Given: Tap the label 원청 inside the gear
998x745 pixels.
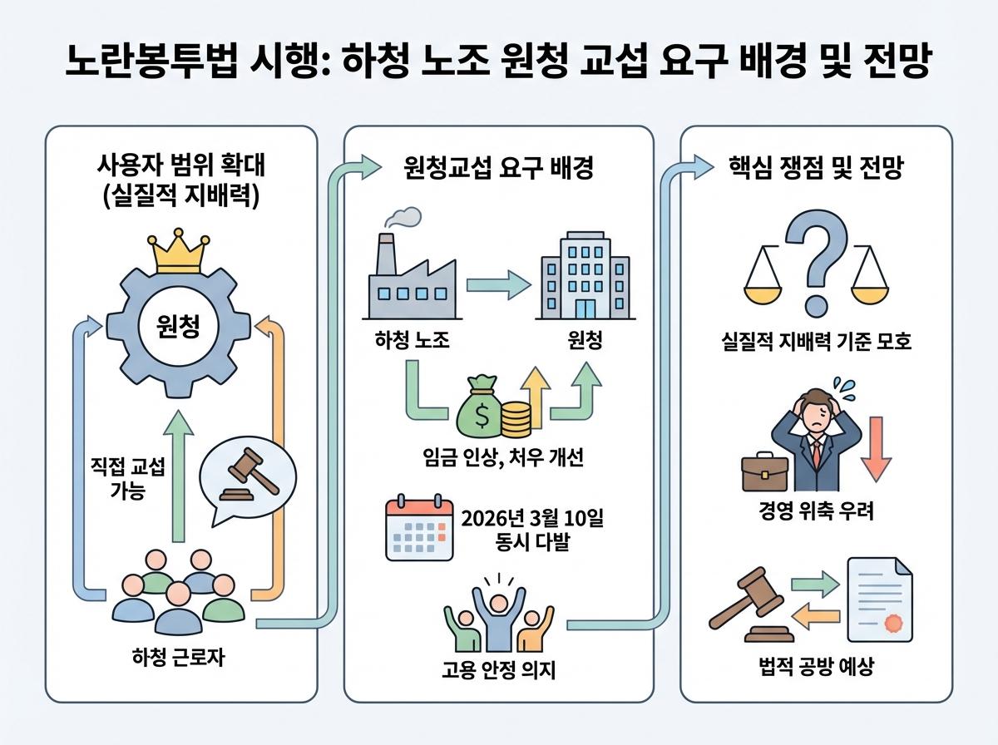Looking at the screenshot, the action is (178, 327).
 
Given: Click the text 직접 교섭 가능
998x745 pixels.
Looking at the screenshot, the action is (128, 478).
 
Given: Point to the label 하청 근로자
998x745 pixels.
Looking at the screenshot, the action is (178, 657).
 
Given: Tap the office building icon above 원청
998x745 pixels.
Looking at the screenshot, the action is (585, 275).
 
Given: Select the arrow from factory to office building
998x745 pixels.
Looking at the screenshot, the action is (499, 285).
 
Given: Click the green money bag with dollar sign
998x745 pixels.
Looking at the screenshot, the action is (480, 406).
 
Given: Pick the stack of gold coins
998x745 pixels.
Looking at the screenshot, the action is (516, 419).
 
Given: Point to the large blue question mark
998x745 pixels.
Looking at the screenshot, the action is (817, 262).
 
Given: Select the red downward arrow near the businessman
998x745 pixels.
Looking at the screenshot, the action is (876, 449).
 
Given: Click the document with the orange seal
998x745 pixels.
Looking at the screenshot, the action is (880, 599).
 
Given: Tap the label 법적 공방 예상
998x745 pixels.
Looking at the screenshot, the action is (817, 667).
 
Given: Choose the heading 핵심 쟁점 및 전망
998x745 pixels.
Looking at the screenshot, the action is (816, 168).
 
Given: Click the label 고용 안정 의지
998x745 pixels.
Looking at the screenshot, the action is (499, 669).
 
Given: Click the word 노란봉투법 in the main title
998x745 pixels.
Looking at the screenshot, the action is (151, 61).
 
